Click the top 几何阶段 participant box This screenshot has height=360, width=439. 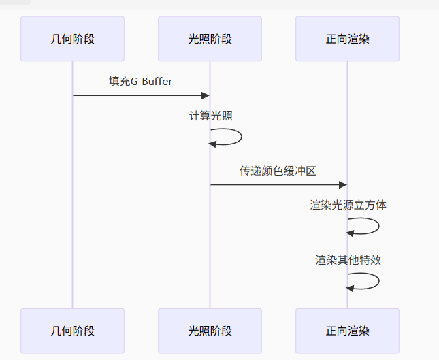(x=72, y=39)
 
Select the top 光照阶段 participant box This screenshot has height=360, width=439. (x=210, y=39)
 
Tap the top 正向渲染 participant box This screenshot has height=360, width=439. (x=347, y=39)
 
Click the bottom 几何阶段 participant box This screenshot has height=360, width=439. (x=72, y=331)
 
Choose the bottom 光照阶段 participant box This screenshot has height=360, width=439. (x=210, y=331)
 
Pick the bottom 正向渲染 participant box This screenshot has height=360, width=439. (x=347, y=331)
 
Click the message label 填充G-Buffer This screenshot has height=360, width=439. (x=141, y=82)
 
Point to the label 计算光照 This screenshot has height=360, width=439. (x=210, y=116)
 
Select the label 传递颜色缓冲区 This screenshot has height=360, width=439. (x=278, y=171)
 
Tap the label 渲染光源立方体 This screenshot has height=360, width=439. (x=348, y=205)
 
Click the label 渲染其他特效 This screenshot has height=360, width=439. (x=348, y=259)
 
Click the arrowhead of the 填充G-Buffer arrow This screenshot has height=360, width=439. (x=205, y=95)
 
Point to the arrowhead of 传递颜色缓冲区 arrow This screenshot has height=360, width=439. (x=342, y=184)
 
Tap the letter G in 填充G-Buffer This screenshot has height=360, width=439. (x=135, y=82)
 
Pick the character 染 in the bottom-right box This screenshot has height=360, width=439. (x=363, y=331)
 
